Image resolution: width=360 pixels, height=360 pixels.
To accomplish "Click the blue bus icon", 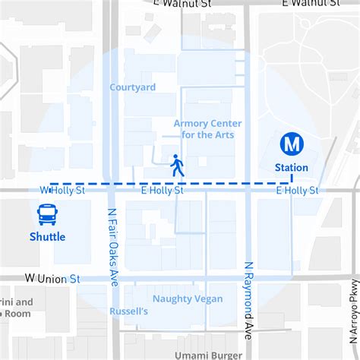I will (48, 214).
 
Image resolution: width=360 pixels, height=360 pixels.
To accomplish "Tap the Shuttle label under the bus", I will (48, 236).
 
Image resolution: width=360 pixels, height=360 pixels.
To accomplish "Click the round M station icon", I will (291, 144).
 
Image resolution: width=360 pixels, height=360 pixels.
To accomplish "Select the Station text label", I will (292, 167).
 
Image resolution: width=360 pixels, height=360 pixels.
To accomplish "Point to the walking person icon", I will (177, 166).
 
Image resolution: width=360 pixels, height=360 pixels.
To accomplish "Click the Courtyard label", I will (132, 87).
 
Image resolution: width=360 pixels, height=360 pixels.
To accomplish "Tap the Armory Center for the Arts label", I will (208, 129).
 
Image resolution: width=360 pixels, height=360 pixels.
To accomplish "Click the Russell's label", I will (129, 311).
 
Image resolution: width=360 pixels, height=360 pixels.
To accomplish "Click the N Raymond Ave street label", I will (248, 300).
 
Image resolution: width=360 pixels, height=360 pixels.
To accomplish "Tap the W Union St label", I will (52, 279).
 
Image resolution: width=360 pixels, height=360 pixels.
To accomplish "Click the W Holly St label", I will (62, 190).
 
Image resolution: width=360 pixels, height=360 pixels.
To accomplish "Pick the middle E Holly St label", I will (163, 190).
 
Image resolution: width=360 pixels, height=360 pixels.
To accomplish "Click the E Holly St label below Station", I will (297, 190).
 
